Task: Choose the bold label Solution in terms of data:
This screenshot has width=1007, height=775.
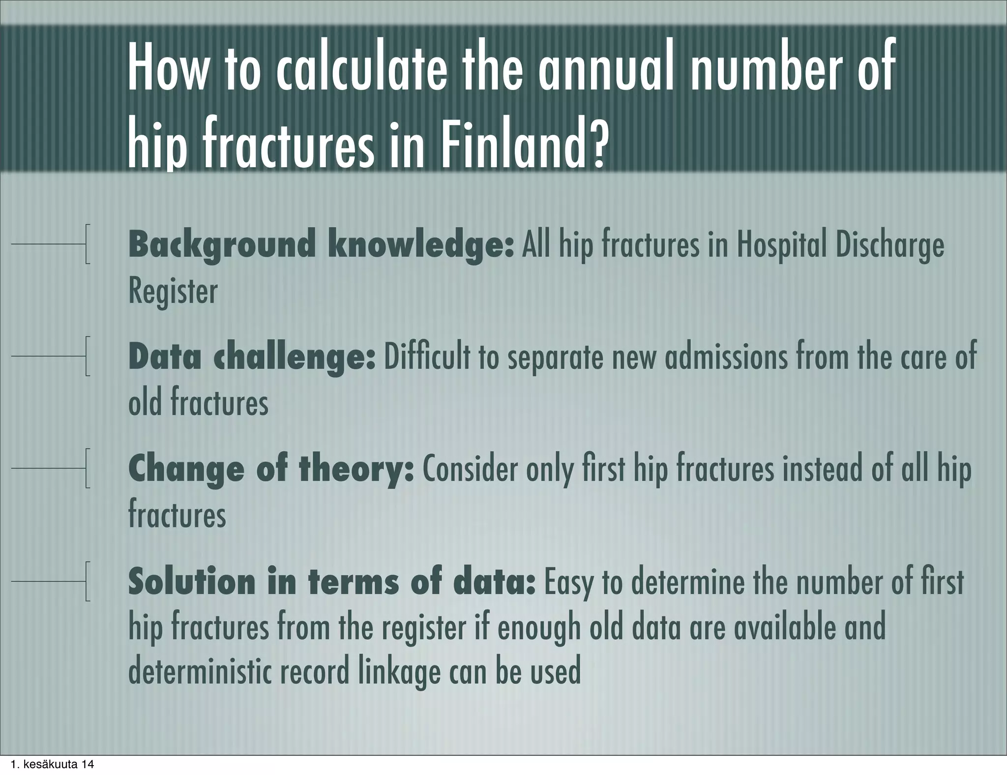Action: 331,582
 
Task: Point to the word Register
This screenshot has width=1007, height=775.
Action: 173,291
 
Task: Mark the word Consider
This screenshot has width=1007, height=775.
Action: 471,470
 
